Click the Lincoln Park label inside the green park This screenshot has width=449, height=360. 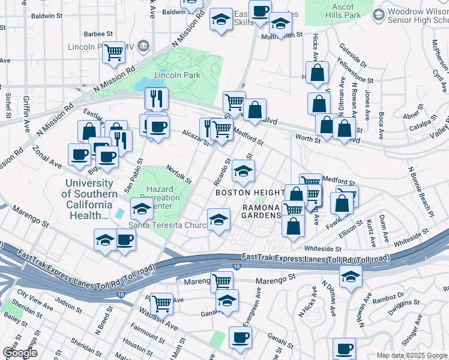[177, 75]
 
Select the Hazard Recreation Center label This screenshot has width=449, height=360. [163, 198]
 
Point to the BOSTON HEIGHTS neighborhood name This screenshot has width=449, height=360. [250, 193]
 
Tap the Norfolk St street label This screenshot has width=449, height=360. [179, 175]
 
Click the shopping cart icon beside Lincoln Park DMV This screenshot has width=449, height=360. [113, 52]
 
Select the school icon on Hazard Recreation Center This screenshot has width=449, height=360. [142, 209]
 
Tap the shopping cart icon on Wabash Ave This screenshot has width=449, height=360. [161, 304]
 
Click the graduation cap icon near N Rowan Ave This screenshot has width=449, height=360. [350, 276]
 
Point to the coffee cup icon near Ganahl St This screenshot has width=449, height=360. [241, 338]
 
